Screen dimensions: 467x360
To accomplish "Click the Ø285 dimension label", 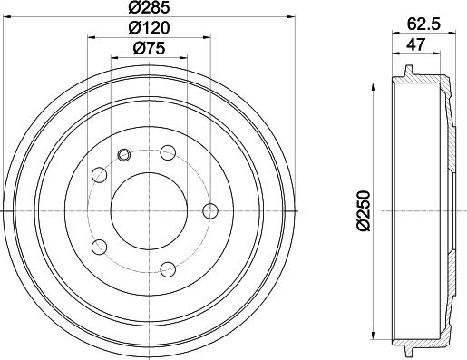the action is click(x=149, y=7).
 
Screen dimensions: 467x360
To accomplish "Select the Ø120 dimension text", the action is click(x=149, y=28).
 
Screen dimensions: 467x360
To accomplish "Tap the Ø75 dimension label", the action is click(x=149, y=48).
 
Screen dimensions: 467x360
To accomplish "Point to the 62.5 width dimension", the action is click(x=424, y=24).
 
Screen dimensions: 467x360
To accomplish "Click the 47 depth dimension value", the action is click(x=415, y=44).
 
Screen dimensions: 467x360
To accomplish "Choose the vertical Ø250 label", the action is click(x=364, y=210).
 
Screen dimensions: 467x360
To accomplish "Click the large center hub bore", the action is click(x=149, y=211).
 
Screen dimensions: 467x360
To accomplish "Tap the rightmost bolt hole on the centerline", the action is click(x=210, y=211).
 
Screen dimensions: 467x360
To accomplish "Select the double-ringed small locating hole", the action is click(x=123, y=155).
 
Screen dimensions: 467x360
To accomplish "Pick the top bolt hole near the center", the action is click(x=168, y=152).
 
